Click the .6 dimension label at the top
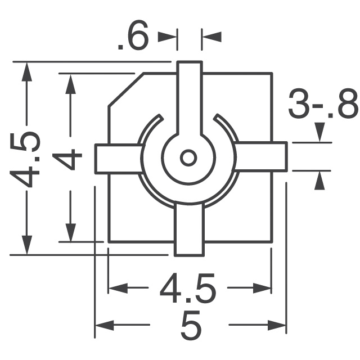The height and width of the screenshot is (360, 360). tap(133, 38)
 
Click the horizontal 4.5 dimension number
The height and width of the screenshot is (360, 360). tap(188, 289)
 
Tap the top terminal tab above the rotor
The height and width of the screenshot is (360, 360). tap(188, 96)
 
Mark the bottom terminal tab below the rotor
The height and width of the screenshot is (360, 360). tap(188, 231)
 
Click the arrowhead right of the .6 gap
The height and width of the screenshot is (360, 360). tap(211, 37)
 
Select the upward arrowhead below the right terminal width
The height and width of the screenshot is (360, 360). tap(319, 180)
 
